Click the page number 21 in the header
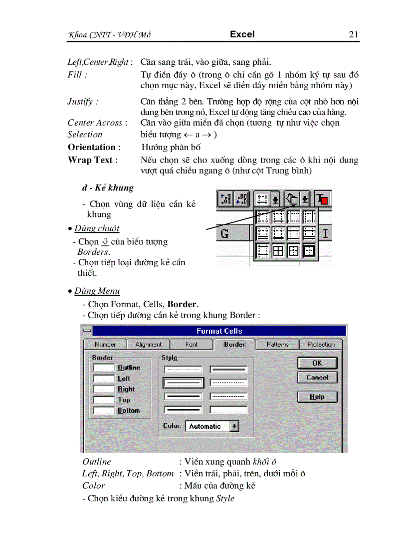[x=354, y=34]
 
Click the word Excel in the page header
[x=242, y=34]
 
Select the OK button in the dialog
[x=317, y=363]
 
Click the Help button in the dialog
[x=317, y=397]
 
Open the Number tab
[x=105, y=344]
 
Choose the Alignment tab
[x=148, y=344]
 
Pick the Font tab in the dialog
[x=192, y=344]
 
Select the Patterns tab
[x=277, y=344]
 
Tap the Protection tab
[x=321, y=344]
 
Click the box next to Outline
[x=104, y=368]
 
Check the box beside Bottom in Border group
[x=104, y=410]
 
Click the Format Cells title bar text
[x=219, y=331]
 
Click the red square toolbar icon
[x=323, y=200]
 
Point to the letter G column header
[x=224, y=233]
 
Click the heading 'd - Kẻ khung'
[x=108, y=187]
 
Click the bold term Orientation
[x=91, y=147]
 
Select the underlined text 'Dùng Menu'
[x=97, y=291]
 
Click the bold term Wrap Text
[x=90, y=160]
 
